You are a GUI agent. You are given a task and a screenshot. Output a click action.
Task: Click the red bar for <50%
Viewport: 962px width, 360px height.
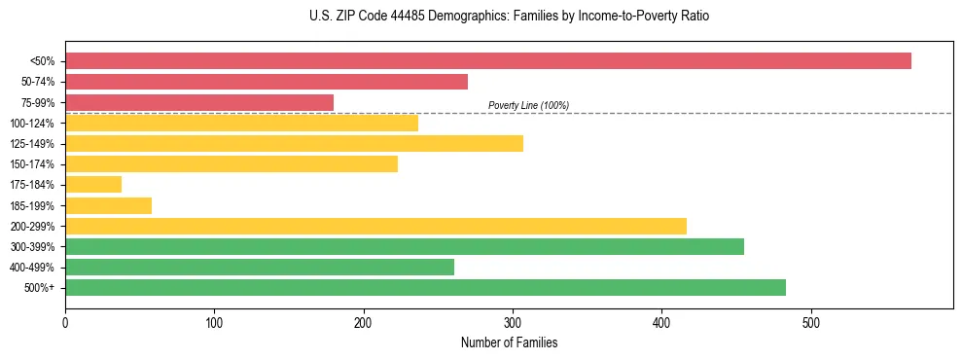[x=487, y=61]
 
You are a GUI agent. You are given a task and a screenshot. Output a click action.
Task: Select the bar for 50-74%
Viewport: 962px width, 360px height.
[x=266, y=82]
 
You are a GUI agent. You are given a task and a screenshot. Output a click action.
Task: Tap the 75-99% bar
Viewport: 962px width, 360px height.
[x=198, y=102]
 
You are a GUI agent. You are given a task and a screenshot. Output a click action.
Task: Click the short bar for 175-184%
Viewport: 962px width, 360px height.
[x=93, y=185]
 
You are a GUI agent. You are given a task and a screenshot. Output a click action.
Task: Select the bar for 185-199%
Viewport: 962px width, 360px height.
[x=108, y=205]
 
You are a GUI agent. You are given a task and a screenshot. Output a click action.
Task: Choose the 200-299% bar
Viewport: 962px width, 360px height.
[x=375, y=226]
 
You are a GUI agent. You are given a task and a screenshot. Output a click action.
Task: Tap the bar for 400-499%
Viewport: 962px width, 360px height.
[x=259, y=267]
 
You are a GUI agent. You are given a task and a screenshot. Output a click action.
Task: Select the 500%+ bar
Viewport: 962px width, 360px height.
[x=425, y=287]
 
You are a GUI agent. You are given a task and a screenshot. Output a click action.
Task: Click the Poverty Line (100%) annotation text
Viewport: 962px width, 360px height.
[x=528, y=105]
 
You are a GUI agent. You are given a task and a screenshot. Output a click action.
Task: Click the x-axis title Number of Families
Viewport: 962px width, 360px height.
[x=509, y=342]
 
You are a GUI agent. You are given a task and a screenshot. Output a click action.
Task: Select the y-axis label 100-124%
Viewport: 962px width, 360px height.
[x=32, y=124]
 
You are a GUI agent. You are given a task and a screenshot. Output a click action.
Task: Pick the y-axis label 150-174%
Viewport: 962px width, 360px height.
[x=32, y=164]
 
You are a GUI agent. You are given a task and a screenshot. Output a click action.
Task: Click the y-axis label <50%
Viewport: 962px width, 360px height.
[x=42, y=61]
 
